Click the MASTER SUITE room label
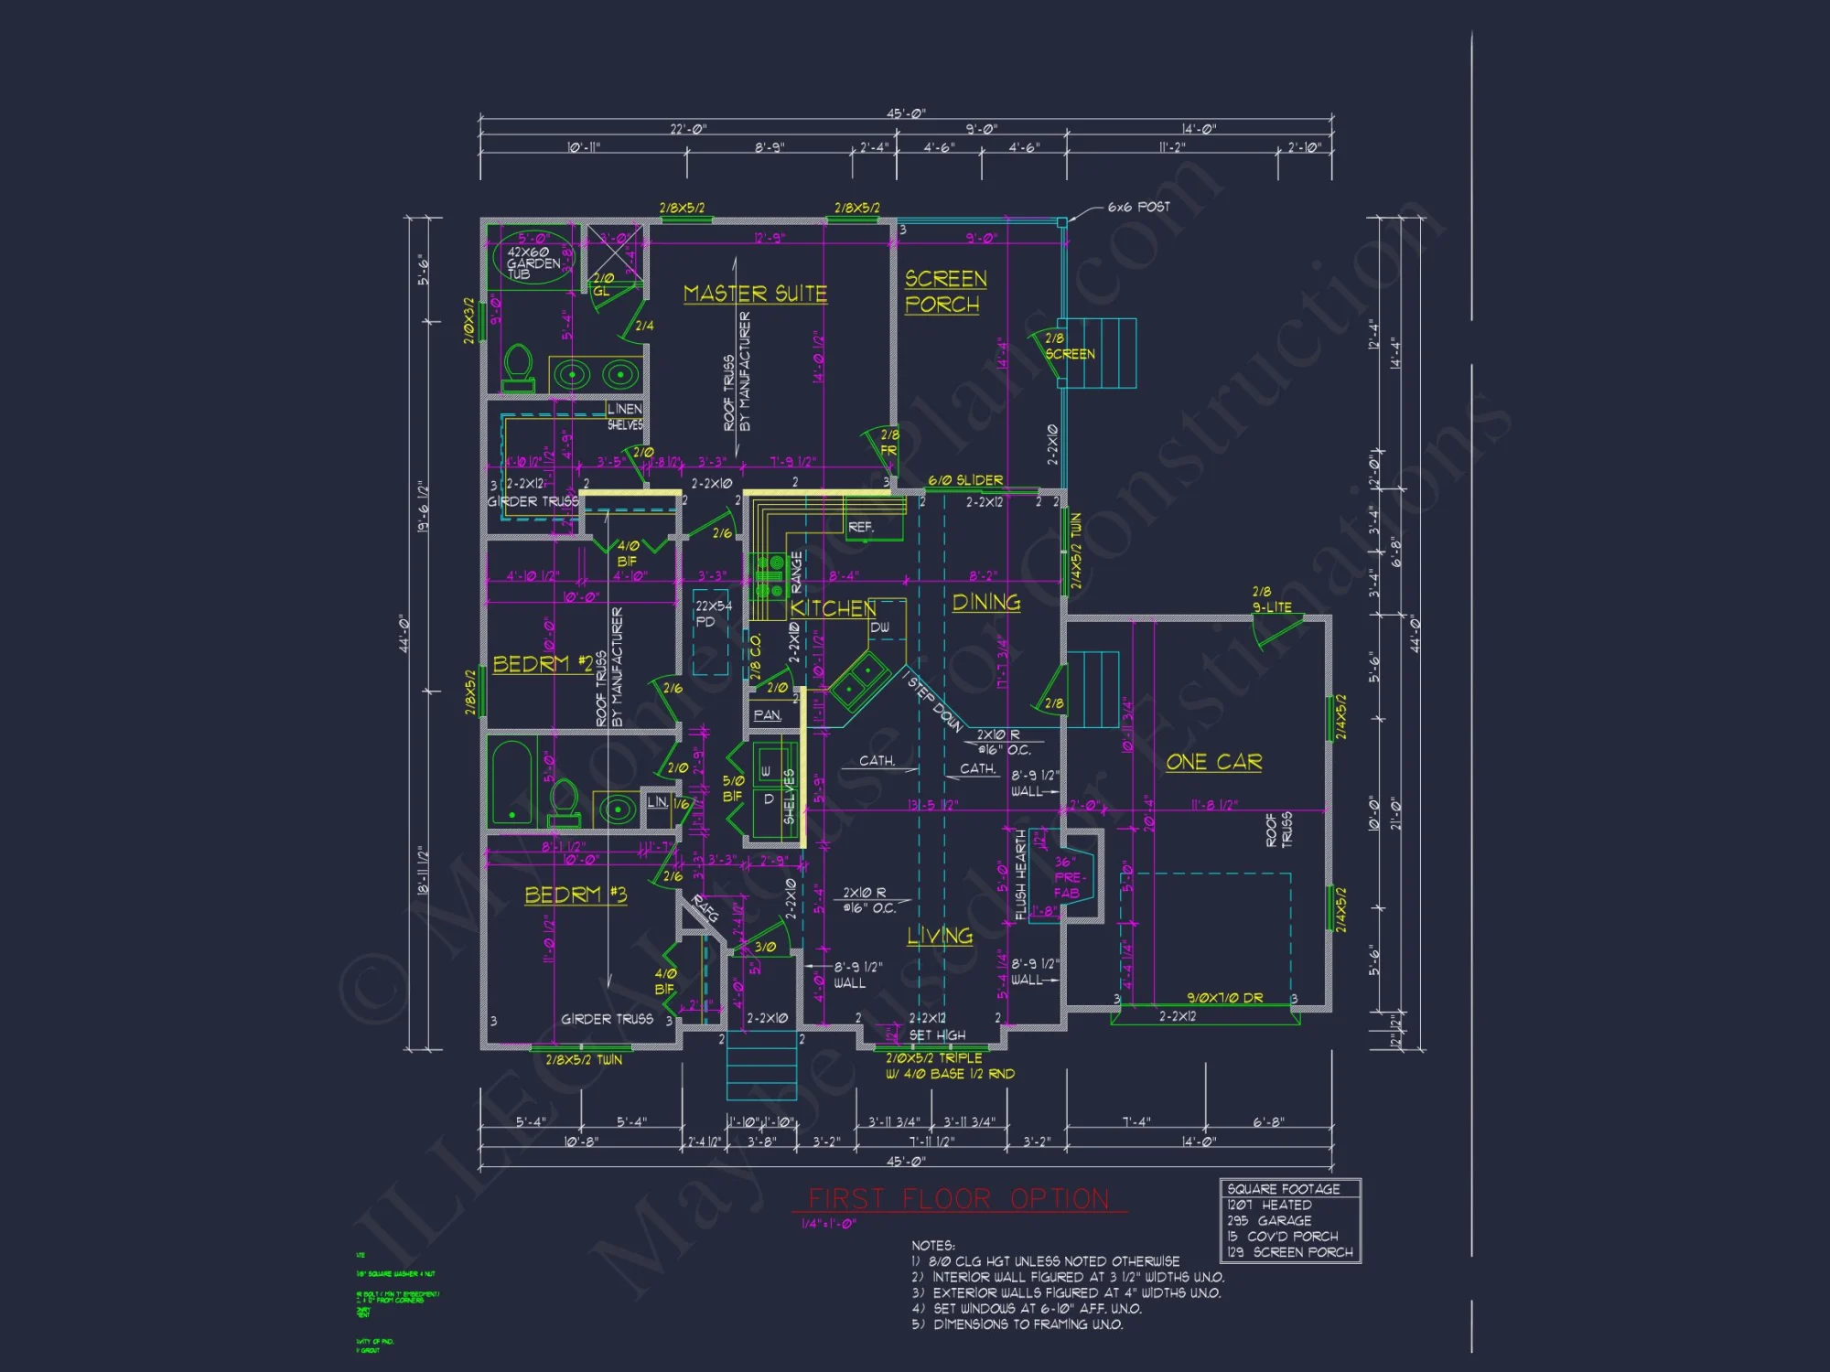755,294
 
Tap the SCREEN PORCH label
944,291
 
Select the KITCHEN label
832,609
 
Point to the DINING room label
985,603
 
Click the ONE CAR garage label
1213,762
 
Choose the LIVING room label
939,936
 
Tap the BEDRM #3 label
576,895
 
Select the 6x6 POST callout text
1138,208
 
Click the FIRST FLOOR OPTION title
958,1199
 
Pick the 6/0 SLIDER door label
965,480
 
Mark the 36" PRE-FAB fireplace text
1067,877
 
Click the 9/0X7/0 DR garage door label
1224,998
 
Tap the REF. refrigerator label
860,527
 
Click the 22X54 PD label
712,614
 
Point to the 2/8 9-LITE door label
1272,600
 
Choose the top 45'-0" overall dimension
906,113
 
